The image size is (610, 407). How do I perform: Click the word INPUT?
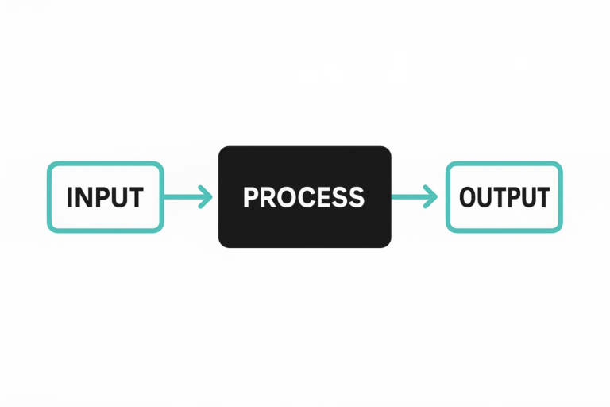[105, 197]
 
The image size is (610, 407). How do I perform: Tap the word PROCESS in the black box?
[304, 197]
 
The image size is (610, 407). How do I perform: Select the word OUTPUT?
[504, 197]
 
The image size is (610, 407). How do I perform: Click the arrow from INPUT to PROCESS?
[188, 196]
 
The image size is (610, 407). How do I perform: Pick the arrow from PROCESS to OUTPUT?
[415, 196]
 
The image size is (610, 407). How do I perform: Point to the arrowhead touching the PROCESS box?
[206, 196]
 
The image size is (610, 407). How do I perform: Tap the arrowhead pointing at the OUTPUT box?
[430, 196]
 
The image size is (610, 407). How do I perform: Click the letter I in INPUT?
[70, 197]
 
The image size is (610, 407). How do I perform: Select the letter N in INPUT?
[84, 197]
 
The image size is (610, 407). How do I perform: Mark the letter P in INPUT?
[102, 197]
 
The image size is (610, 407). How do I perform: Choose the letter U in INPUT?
[119, 197]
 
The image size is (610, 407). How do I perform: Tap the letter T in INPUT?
[136, 197]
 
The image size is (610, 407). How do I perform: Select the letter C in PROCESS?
[304, 197]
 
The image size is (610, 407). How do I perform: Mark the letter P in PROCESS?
[251, 197]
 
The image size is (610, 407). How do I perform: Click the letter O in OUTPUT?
[469, 197]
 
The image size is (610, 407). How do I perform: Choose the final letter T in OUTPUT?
[542, 197]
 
